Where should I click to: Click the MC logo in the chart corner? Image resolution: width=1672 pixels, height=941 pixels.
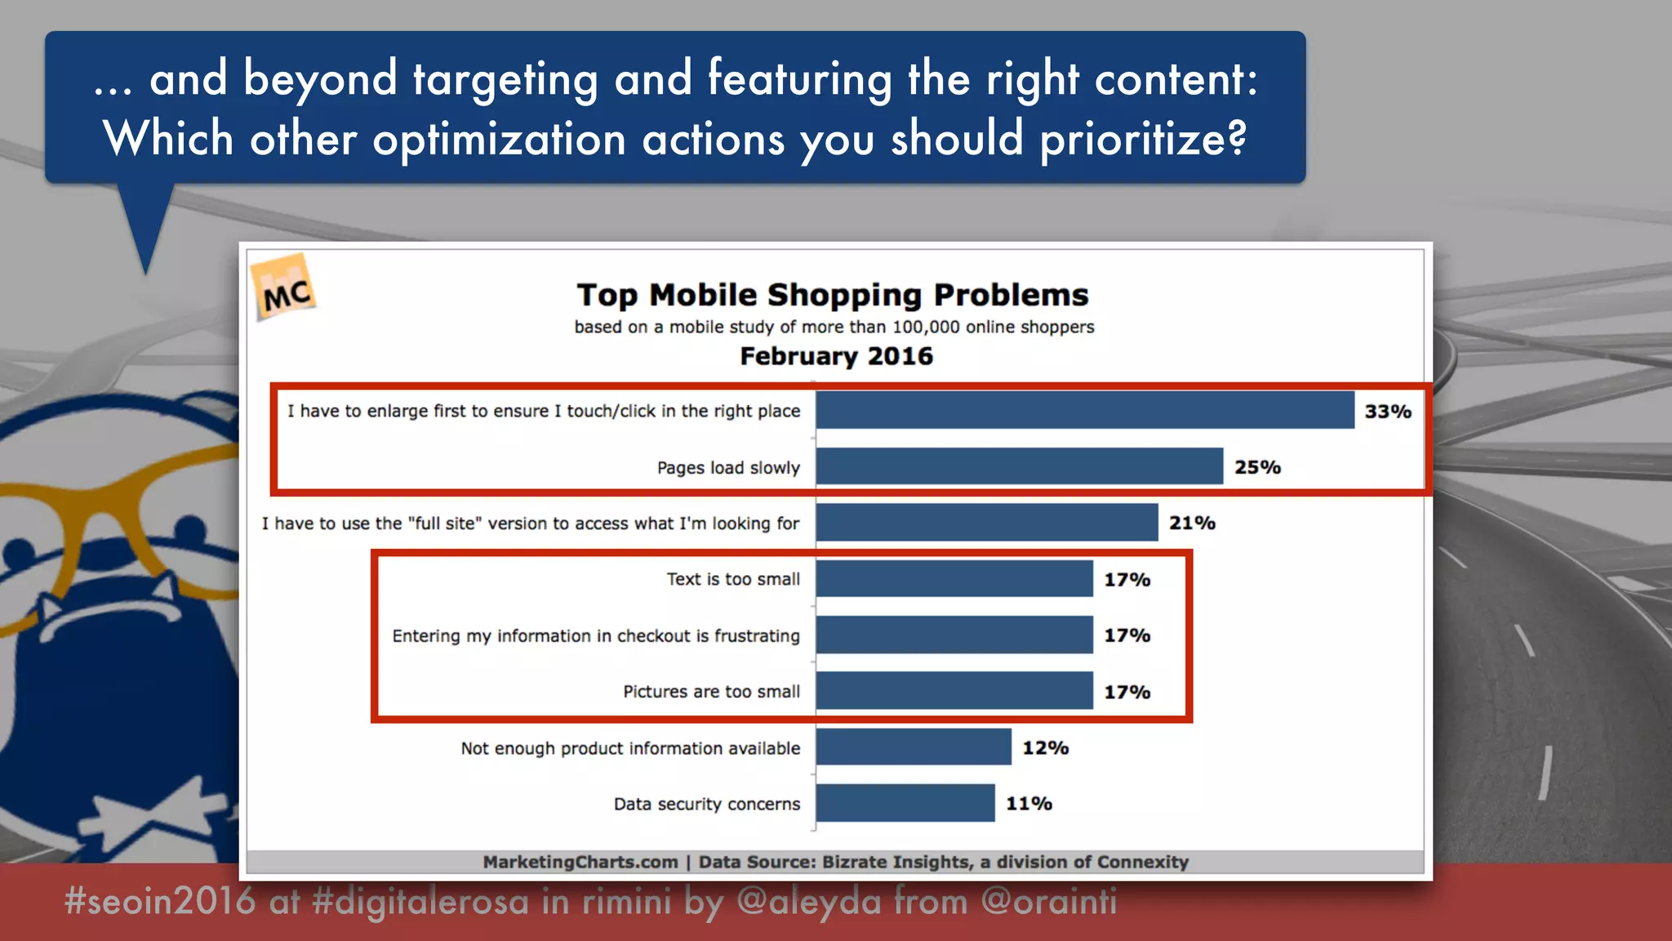pos(285,288)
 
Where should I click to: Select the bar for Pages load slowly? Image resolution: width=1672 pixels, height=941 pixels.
pos(1019,466)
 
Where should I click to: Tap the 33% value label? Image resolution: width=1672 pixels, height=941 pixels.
pos(1388,412)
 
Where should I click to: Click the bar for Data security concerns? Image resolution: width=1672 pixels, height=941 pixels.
pos(905,803)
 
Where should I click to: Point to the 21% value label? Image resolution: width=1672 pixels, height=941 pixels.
pos(1192,523)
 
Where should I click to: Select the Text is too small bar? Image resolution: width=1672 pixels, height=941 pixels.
pos(954,579)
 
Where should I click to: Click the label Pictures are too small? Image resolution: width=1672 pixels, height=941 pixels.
pos(711,692)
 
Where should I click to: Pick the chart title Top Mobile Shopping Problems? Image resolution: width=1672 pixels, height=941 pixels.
pos(833,295)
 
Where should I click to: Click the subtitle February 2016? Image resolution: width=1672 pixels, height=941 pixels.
pos(836,356)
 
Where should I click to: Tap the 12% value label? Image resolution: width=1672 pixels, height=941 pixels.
pos(1045,747)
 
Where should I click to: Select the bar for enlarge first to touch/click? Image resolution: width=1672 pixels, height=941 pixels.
pos(1084,410)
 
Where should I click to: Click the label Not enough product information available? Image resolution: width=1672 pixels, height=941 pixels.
pos(630,748)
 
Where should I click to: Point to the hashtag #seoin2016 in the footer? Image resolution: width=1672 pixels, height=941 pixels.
pos(160,901)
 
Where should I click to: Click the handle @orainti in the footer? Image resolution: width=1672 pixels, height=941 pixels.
pos(1048,901)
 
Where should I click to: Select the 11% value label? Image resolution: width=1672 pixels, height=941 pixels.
pos(1029,804)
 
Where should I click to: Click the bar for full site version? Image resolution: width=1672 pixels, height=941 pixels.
pos(986,523)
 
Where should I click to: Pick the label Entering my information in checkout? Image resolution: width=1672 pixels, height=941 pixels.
pos(596,636)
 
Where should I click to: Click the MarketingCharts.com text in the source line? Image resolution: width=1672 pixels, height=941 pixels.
pos(580,862)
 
